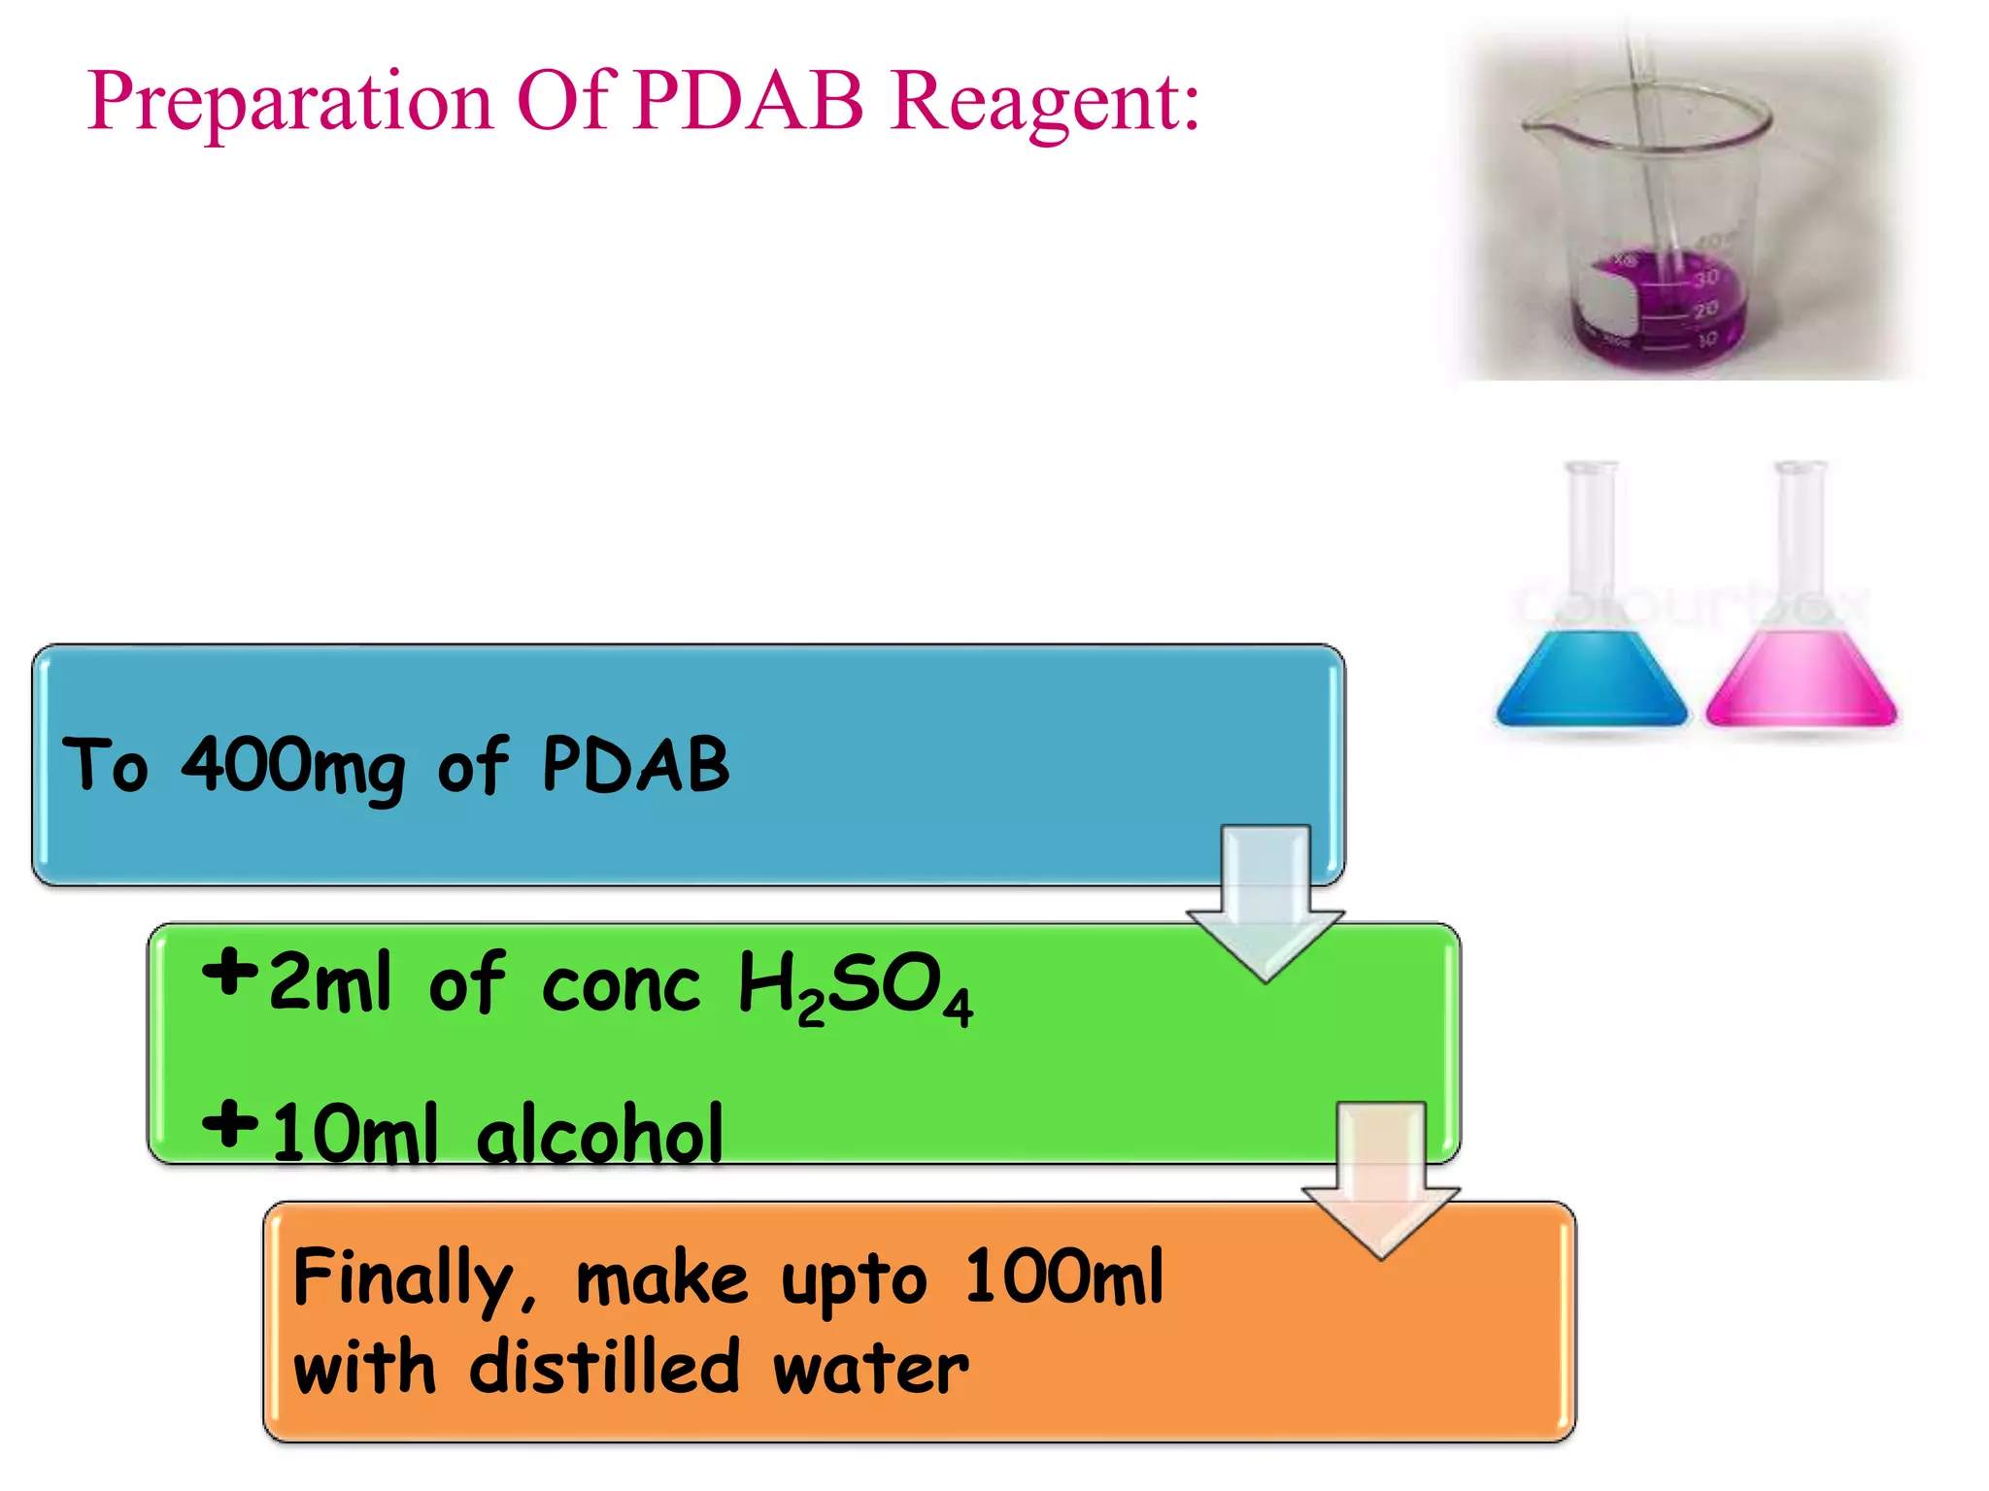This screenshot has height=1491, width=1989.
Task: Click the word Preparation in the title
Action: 289,102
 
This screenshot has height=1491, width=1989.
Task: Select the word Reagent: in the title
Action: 1046,102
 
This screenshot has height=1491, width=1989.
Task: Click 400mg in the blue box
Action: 292,767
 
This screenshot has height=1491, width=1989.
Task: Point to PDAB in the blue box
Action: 635,765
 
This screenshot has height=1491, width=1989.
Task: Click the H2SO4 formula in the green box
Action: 855,986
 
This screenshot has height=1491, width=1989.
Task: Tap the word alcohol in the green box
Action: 599,1134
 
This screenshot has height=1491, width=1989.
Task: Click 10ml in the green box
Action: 354,1134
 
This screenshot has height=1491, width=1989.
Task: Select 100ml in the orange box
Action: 1063,1277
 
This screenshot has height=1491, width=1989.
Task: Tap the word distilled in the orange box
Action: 604,1367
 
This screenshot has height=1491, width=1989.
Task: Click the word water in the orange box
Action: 870,1369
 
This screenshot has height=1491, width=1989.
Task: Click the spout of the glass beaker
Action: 1534,124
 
